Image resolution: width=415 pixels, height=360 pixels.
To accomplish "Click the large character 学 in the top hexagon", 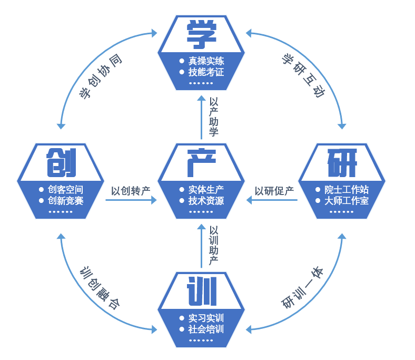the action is pos(202,34).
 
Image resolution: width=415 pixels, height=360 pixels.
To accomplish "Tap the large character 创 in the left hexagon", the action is pos(62,162).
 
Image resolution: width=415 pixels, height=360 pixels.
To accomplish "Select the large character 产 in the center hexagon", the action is pos(202,163).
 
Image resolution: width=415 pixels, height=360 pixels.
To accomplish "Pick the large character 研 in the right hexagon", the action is pos(342,163).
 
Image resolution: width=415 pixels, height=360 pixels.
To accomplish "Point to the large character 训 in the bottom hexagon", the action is pos(202,291).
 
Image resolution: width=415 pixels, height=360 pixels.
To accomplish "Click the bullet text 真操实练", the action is pos(206,61).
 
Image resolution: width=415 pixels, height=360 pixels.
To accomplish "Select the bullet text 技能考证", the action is pos(206,72).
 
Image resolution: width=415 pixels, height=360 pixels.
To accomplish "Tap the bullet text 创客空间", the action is pos(66,190).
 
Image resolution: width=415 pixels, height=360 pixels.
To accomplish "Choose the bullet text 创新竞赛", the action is pos(66,201).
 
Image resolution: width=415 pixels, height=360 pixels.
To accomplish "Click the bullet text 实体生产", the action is pos(206,190).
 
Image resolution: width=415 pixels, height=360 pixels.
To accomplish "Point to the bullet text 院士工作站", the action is pos(347,190).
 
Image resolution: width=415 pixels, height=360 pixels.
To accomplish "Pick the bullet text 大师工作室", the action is pos(347,201).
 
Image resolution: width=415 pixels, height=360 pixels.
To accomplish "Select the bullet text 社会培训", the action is pos(206,329).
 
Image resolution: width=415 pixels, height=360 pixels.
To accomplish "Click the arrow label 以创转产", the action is pos(131,191).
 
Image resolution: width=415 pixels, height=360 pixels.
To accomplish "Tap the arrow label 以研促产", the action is pos(274,191).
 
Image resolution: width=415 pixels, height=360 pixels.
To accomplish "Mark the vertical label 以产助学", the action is pos(214,117).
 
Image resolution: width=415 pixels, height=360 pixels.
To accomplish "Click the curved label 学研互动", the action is pos(303,75).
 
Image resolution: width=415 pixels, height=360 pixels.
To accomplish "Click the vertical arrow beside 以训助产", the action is pos(201,246).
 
